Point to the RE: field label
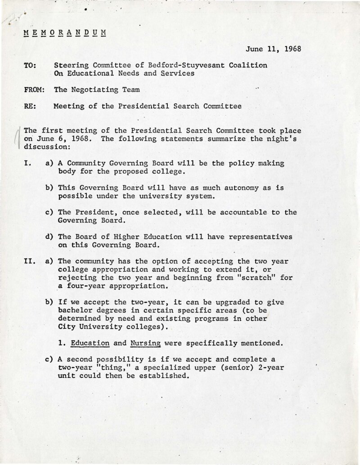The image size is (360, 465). point(30,107)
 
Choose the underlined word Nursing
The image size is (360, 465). point(146,343)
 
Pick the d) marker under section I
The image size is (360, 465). point(49,237)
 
